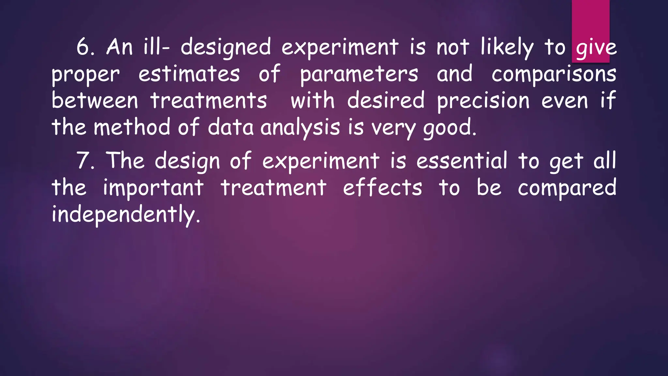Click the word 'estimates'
point(189,74)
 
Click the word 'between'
point(95,101)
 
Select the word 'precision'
point(483,101)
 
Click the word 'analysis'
point(300,128)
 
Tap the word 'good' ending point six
point(448,128)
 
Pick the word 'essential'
point(462,161)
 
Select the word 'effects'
point(383,188)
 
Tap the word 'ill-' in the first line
point(156,47)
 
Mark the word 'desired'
point(386,101)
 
